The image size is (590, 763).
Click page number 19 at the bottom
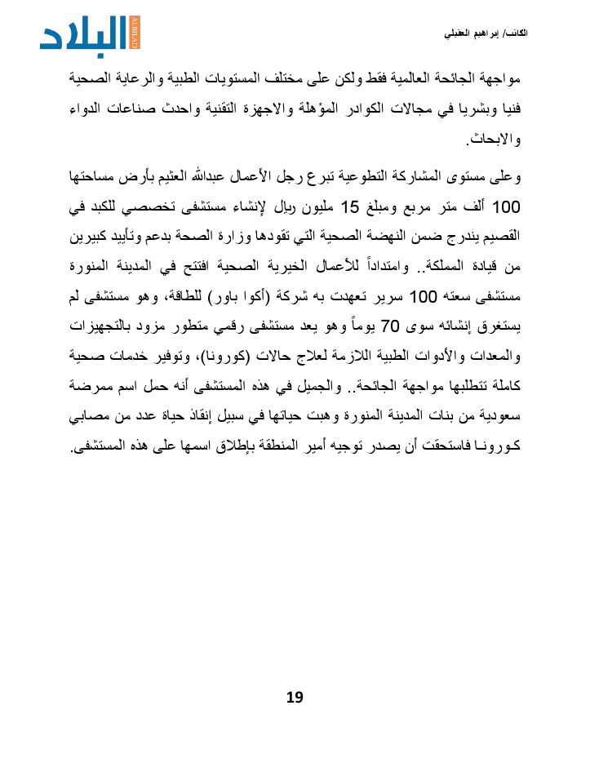click(295, 696)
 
